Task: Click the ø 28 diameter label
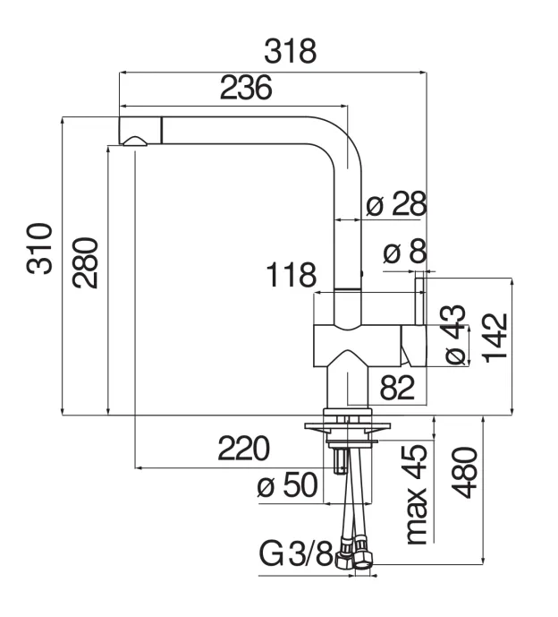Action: tap(396, 205)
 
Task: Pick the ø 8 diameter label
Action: tap(405, 253)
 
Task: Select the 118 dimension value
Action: tap(292, 275)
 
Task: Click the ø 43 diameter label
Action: tap(453, 335)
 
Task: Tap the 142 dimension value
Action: tap(494, 335)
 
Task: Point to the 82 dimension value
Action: tap(399, 388)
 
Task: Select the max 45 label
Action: tap(414, 495)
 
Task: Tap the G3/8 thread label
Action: tap(296, 554)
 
